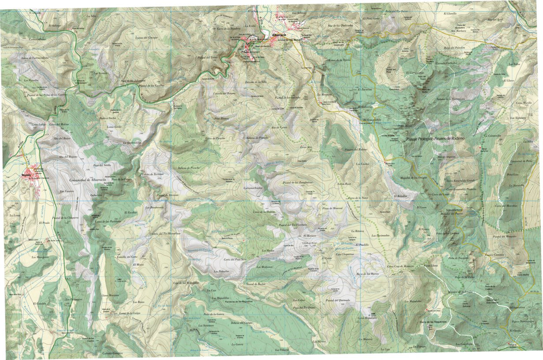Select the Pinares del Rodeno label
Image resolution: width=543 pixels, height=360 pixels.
(356, 149)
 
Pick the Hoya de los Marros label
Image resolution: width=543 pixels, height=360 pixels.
(367, 274)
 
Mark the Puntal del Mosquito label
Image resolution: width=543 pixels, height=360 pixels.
(504, 236)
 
